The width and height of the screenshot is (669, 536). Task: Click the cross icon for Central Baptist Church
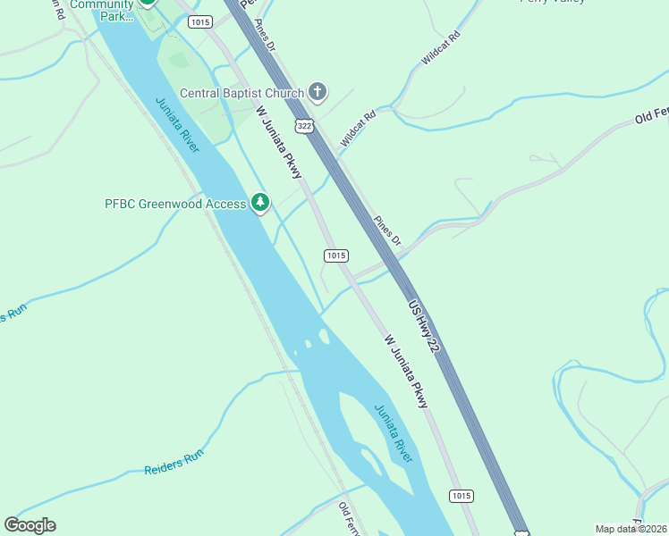pos(318,91)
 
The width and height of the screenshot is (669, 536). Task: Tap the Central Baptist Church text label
pos(241,93)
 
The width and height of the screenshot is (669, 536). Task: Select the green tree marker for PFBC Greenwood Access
pos(260,204)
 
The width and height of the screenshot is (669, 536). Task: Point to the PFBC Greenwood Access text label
pos(175,204)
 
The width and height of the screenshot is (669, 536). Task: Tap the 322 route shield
pos(305,126)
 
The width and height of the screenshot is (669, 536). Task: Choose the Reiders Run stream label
pos(174,462)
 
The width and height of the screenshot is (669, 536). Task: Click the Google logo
pos(30,524)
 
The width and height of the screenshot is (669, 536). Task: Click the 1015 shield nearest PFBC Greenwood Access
pos(335,255)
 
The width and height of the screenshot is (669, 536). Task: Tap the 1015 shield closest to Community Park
pos(200,21)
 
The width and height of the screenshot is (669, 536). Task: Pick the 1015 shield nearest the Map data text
pos(461,496)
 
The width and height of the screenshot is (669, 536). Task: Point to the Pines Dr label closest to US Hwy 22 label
pos(386,230)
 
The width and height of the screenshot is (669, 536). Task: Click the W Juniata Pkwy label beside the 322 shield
pos(279,142)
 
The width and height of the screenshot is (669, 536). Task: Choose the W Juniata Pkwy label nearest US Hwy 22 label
pos(406,372)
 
